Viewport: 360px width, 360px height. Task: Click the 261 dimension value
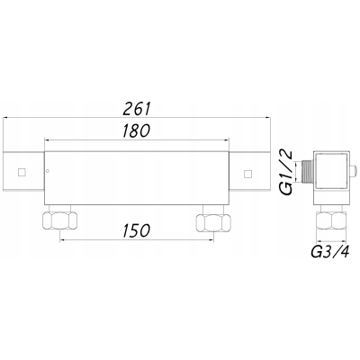click(136, 109)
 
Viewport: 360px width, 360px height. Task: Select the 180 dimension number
click(136, 130)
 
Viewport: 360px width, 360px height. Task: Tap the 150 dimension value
click(136, 230)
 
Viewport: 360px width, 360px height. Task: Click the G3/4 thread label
click(330, 252)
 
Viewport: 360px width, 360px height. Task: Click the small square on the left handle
click(22, 173)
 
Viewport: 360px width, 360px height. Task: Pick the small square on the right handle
click(247, 174)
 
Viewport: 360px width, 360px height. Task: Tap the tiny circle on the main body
click(48, 171)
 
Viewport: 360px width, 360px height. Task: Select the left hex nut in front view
click(60, 220)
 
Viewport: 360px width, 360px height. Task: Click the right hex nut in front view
click(213, 222)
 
